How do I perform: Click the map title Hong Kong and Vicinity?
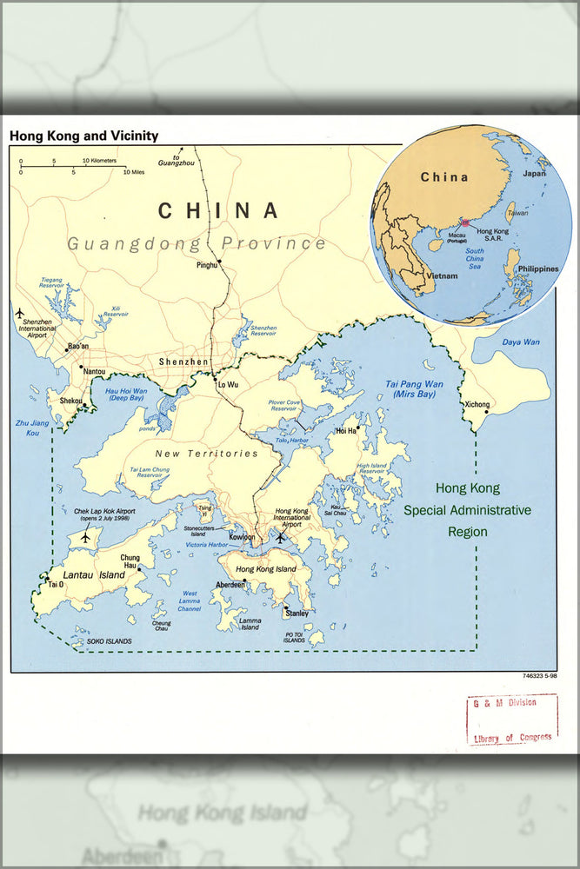84,136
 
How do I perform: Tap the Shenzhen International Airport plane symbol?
19,312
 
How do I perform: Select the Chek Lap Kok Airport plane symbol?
85,537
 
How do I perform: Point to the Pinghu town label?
207,265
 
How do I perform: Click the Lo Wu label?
228,383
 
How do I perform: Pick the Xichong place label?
477,405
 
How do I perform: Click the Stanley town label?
297,614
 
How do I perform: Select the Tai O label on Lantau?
56,585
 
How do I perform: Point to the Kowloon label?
243,538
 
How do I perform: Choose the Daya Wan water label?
521,342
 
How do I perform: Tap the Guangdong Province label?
197,243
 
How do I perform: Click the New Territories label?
206,454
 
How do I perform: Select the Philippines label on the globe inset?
538,269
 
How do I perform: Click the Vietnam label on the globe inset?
441,275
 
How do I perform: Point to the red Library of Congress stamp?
511,720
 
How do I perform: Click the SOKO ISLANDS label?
109,641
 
